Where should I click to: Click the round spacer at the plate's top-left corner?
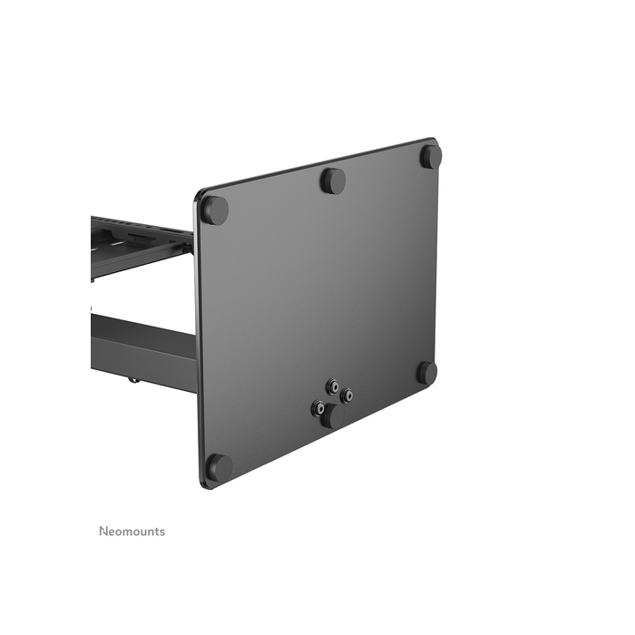214,210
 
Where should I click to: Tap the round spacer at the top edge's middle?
333,180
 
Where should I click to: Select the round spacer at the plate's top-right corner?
430,156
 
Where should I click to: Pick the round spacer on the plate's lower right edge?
426,372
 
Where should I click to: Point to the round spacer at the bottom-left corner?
219,467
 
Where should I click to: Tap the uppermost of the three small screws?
333,386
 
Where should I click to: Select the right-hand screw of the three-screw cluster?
347,396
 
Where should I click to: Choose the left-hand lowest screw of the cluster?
318,409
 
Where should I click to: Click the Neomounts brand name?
132,532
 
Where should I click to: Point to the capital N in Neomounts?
103,532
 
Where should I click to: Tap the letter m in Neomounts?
126,532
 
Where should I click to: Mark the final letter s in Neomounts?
162,532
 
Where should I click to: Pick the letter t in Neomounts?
156,532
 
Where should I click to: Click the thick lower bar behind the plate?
145,349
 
